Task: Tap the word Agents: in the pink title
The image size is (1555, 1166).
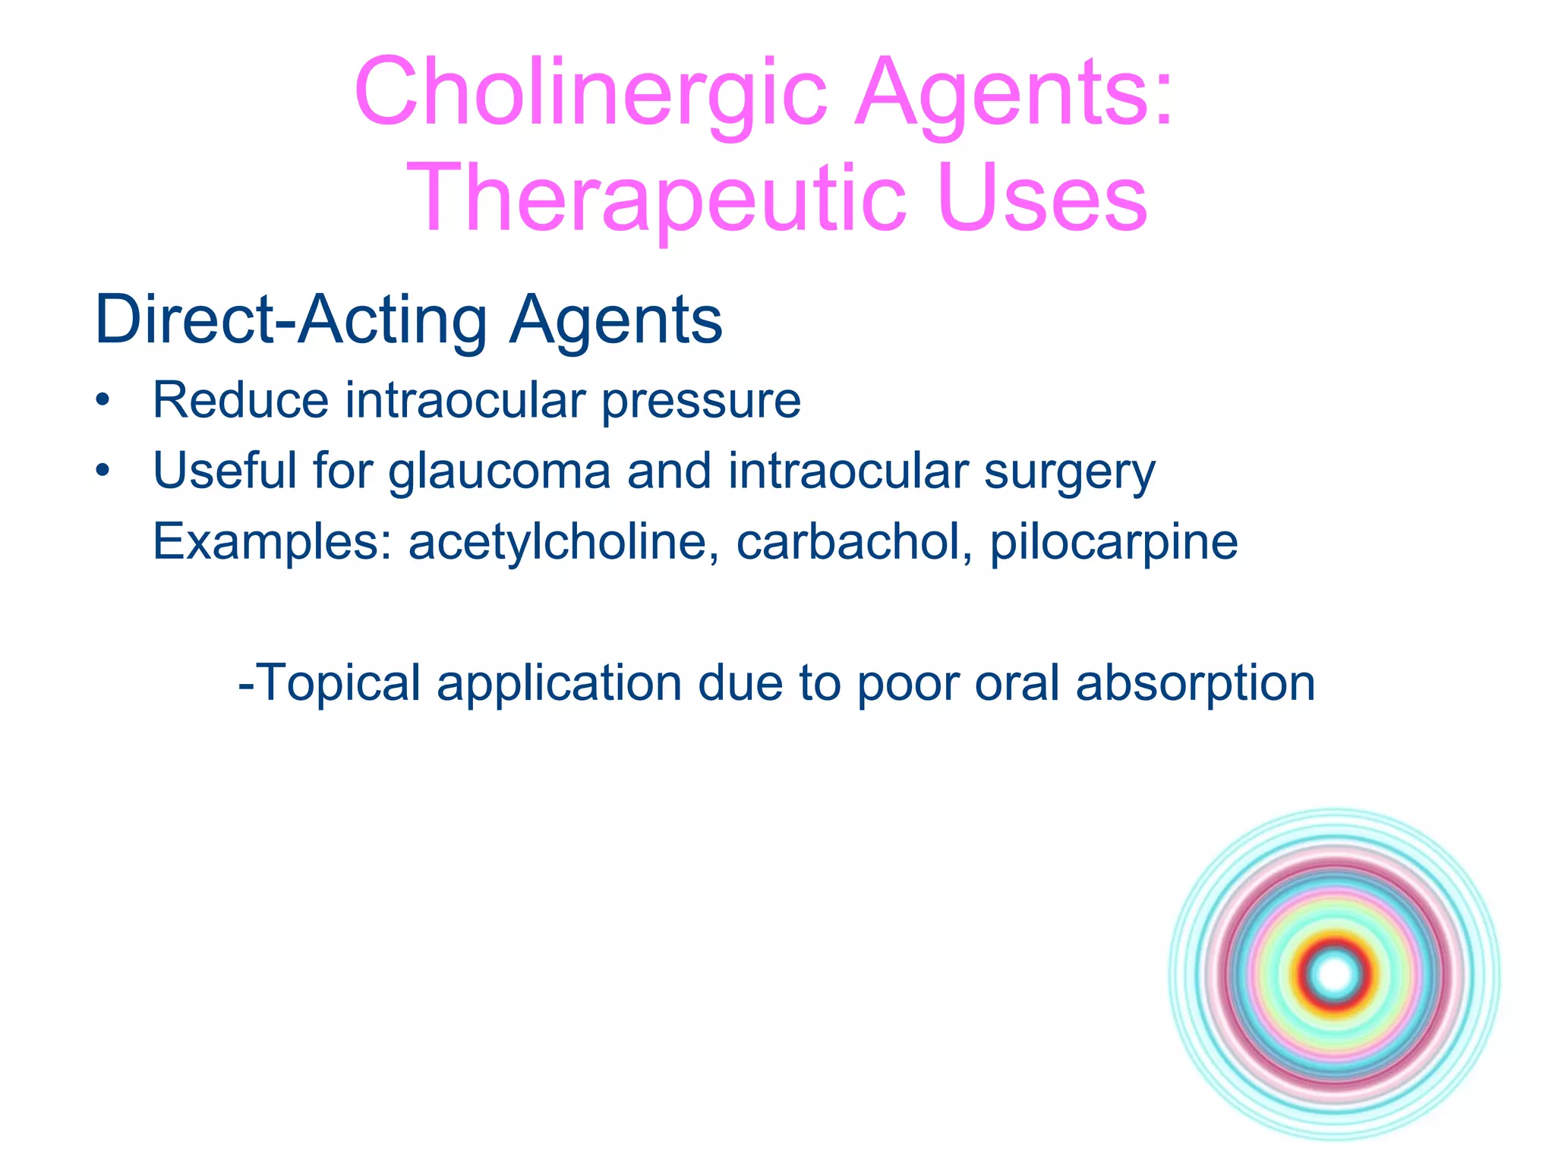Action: point(1014,93)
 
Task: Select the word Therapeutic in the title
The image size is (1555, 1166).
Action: point(656,199)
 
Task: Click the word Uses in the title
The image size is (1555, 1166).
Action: point(1042,199)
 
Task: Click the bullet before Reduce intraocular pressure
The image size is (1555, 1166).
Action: point(103,400)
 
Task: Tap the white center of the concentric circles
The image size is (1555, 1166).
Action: point(1334,975)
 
